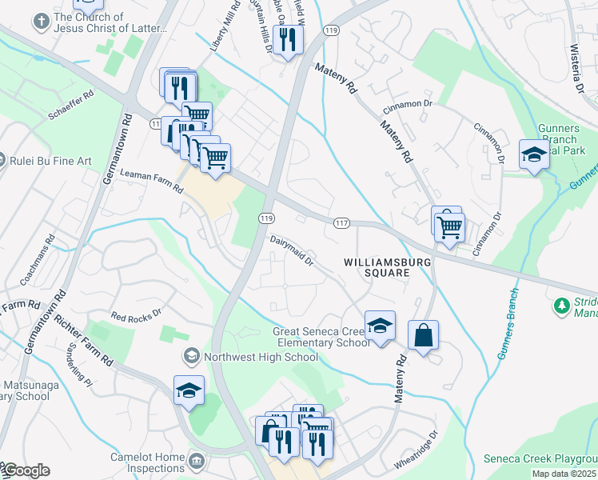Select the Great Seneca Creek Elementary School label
[x=321, y=337]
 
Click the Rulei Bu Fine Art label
[x=50, y=161]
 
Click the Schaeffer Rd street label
[x=71, y=105]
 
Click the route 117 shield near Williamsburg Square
[x=341, y=222]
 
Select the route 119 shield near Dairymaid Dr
[x=266, y=218]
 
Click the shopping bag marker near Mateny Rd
[x=423, y=335]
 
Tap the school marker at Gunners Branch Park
[x=533, y=154]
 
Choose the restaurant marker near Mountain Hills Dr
[x=286, y=39]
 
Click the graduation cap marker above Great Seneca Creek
[x=380, y=326]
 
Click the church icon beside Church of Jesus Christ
[x=40, y=22]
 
